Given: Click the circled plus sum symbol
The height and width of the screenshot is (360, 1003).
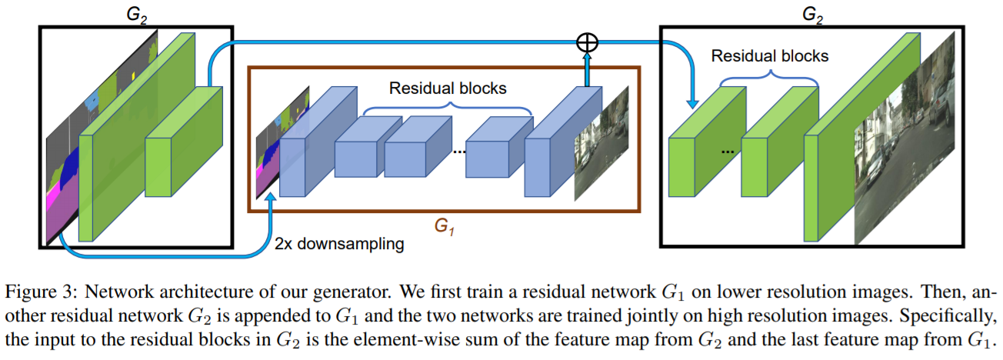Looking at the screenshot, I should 587,43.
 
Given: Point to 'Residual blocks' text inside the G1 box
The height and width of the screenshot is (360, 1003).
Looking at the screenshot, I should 448,88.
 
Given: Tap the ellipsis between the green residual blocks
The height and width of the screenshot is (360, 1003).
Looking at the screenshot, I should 727,151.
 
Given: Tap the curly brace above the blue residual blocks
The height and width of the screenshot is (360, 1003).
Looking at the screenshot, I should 447,110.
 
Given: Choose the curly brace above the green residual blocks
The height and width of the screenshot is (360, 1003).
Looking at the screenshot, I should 769,78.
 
